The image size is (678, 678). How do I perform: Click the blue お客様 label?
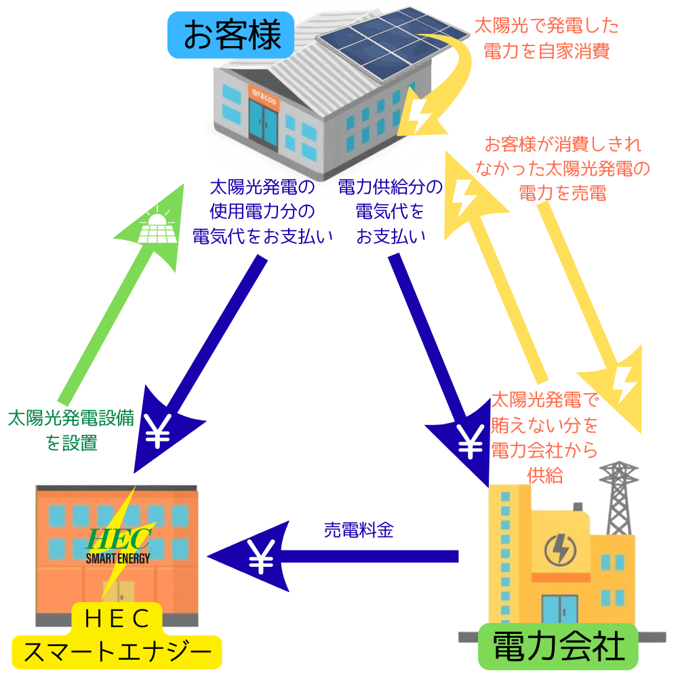[x=232, y=35]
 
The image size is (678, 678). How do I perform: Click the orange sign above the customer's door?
[x=262, y=94]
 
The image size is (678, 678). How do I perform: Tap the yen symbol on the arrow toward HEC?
[x=158, y=431]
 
